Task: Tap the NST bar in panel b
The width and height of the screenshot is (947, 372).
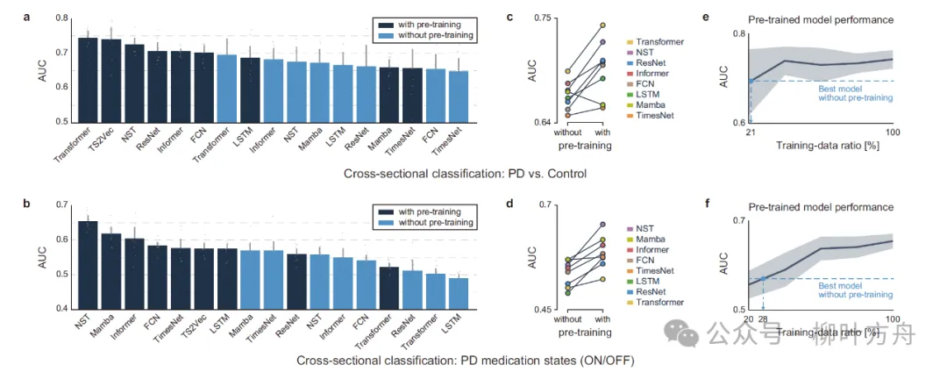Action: (x=89, y=264)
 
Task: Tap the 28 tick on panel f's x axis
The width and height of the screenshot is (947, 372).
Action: (x=763, y=318)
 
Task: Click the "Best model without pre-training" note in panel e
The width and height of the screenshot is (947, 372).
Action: (x=855, y=92)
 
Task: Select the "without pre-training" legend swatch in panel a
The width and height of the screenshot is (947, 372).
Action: (x=383, y=36)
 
